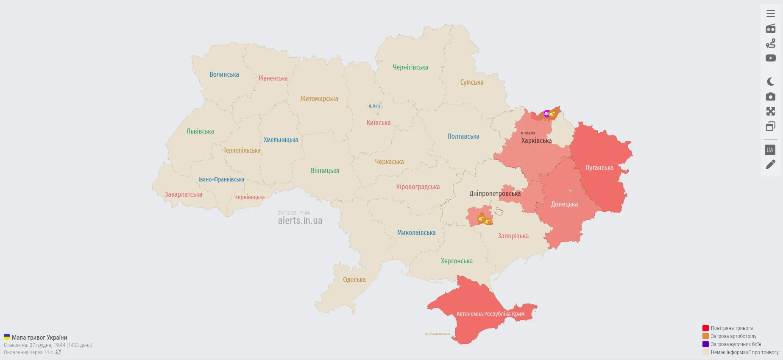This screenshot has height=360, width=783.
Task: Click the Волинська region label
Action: click(x=224, y=75)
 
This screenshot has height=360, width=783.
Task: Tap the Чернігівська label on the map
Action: click(x=410, y=67)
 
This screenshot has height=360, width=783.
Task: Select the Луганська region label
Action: click(x=599, y=168)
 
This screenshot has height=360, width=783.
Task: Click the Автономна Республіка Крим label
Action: click(x=490, y=314)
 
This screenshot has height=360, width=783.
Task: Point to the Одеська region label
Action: click(x=354, y=280)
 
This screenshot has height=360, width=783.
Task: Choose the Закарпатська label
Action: click(x=183, y=195)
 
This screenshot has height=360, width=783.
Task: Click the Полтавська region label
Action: click(x=463, y=137)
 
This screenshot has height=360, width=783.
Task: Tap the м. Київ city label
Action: click(x=374, y=106)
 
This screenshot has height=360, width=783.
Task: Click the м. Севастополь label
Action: click(x=437, y=334)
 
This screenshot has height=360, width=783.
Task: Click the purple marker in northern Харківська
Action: click(x=546, y=114)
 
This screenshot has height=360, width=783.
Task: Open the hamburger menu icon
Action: click(x=770, y=14)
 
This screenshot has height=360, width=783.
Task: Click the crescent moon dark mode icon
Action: click(x=770, y=82)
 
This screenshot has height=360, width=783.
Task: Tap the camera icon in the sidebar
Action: click(x=770, y=97)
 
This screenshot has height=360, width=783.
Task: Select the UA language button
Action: click(x=770, y=150)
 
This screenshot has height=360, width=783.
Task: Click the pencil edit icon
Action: click(x=770, y=165)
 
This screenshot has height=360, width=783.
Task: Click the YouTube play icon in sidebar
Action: click(x=770, y=58)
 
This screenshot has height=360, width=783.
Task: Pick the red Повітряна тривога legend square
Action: click(x=705, y=328)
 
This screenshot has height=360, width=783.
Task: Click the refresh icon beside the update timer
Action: click(x=58, y=352)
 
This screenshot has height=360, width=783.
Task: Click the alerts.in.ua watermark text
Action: click(x=300, y=221)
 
